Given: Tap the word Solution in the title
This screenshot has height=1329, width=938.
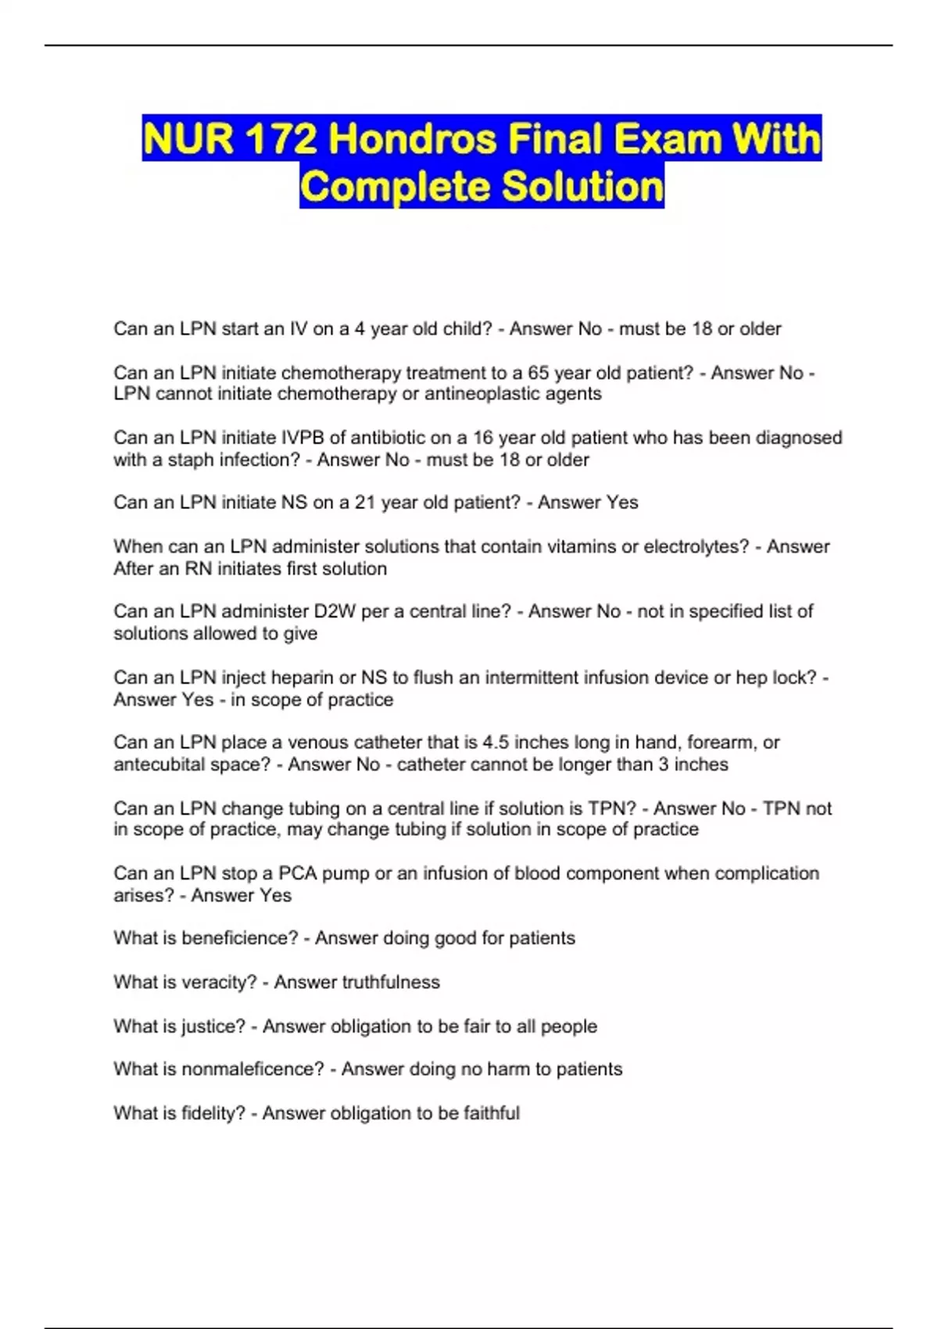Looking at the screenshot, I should click(582, 187).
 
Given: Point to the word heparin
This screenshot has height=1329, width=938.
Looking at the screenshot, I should click(303, 677).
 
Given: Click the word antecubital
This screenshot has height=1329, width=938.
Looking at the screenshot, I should click(160, 765).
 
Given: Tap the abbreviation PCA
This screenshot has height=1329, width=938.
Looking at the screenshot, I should click(297, 873).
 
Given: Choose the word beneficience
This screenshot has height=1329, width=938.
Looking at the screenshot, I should click(239, 938).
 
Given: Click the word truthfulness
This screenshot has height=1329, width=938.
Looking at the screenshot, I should click(391, 982).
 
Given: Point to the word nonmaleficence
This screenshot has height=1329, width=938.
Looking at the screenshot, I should click(252, 1069).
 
